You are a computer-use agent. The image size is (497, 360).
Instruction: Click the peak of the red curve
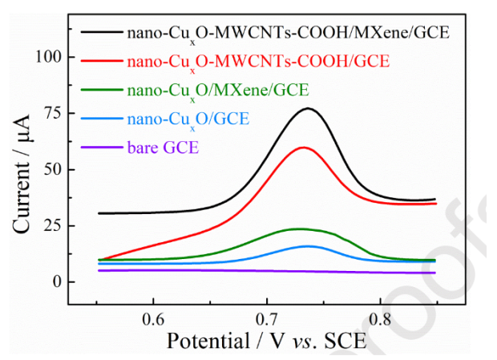click(x=304, y=148)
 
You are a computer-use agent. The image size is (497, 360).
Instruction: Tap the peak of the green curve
click(x=299, y=229)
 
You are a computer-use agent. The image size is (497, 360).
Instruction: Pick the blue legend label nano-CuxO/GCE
click(x=188, y=120)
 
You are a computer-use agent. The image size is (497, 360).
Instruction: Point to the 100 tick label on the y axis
click(x=48, y=58)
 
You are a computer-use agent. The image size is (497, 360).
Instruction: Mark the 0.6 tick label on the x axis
click(x=154, y=318)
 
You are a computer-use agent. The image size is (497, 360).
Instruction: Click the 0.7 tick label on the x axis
click(x=268, y=318)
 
